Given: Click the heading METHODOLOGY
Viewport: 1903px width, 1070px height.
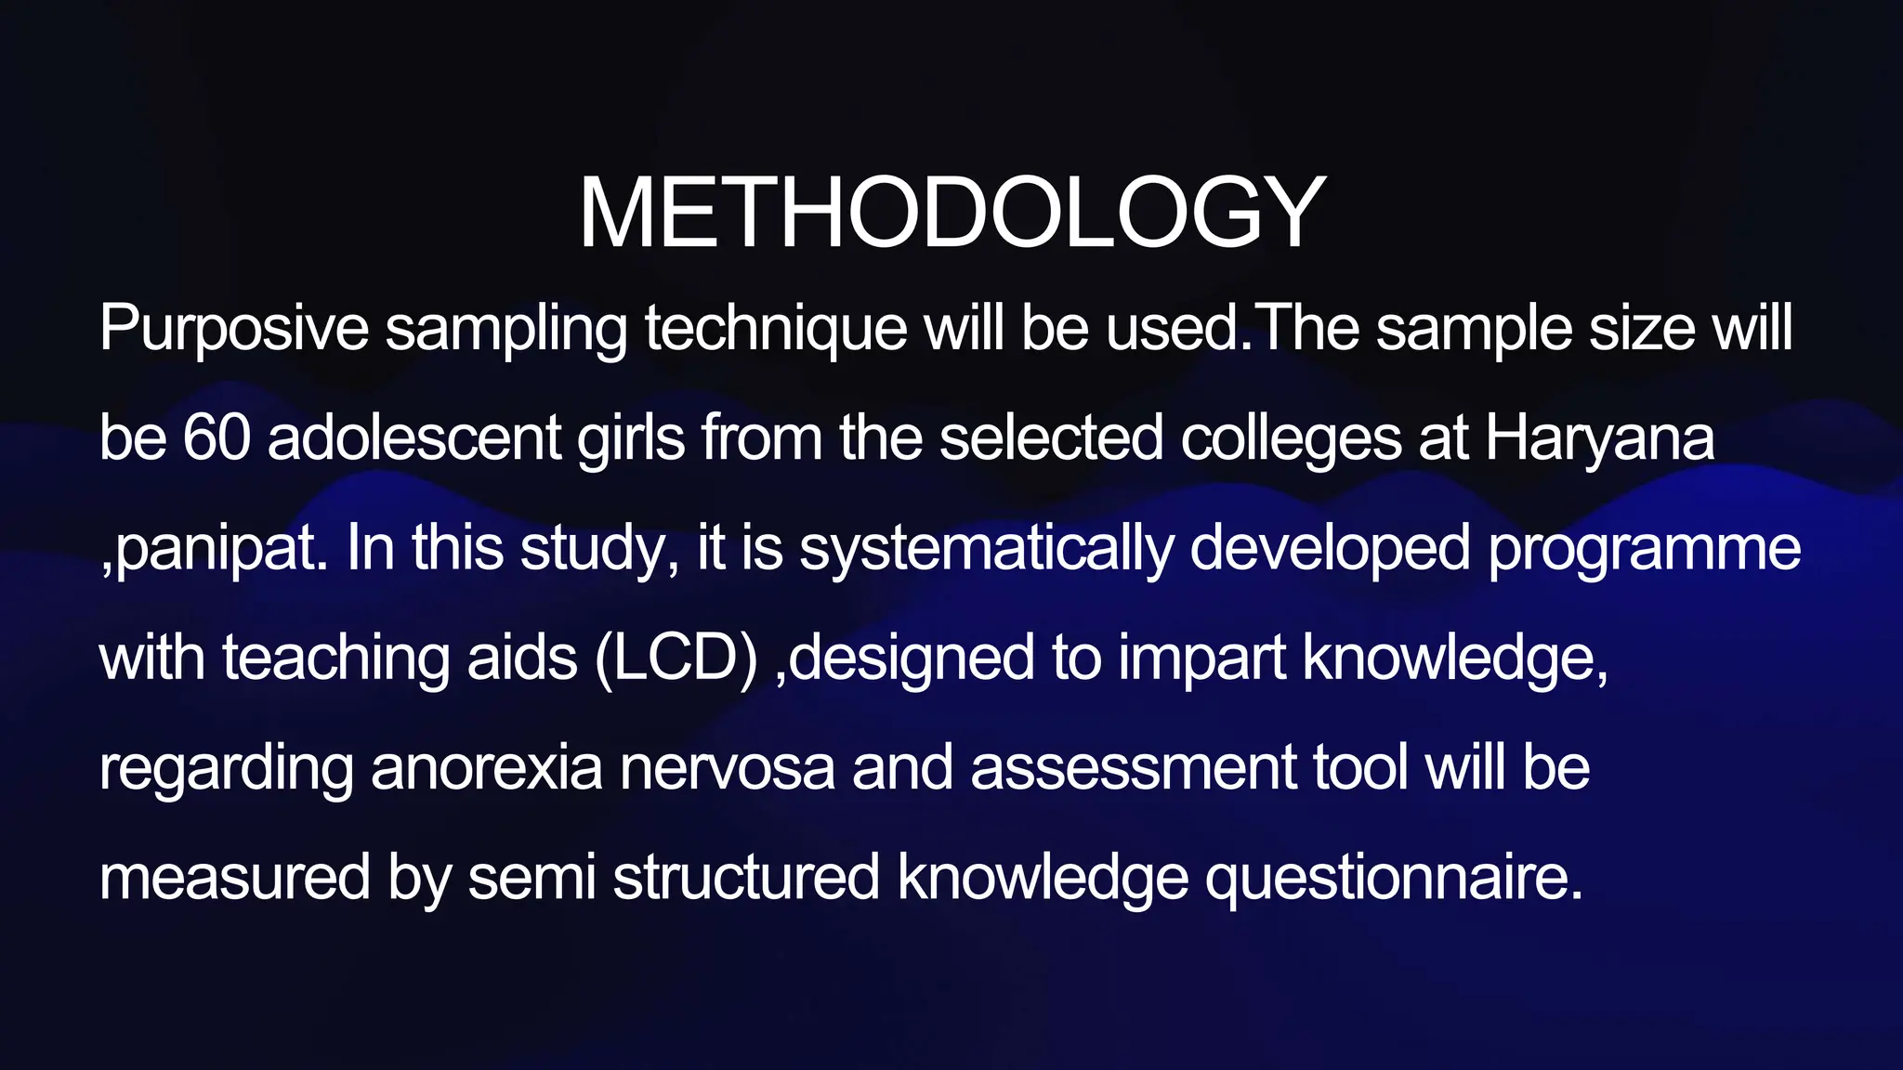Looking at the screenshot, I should pyautogui.click(x=951, y=214).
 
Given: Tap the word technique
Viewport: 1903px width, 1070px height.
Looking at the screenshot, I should pyautogui.click(x=776, y=329).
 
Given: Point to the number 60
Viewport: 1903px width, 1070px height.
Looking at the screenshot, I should pyautogui.click(x=217, y=437).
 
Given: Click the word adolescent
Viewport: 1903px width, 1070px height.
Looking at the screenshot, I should pyautogui.click(x=414, y=437).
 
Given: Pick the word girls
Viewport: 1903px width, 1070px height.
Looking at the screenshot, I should pyautogui.click(x=631, y=437).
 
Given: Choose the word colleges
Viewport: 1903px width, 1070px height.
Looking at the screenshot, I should pyautogui.click(x=1291, y=437).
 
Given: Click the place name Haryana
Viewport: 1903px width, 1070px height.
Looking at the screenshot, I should pyautogui.click(x=1599, y=437).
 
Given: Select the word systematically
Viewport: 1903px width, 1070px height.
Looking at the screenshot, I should pyautogui.click(x=986, y=548).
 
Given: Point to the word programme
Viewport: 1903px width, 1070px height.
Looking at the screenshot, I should pyautogui.click(x=1645, y=548).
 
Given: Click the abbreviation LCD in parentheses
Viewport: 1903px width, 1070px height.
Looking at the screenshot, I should pyautogui.click(x=676, y=659).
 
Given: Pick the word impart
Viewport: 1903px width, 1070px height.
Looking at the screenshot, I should pyautogui.click(x=1201, y=659).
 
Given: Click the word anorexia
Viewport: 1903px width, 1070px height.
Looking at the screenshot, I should pyautogui.click(x=487, y=768).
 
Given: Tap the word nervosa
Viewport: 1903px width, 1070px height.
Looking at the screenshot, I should pyautogui.click(x=728, y=768).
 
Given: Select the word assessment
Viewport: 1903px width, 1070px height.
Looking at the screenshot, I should pyautogui.click(x=1134, y=768).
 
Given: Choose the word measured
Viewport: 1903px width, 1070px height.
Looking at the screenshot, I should pyautogui.click(x=234, y=878).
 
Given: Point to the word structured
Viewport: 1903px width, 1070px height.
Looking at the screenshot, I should pyautogui.click(x=746, y=878).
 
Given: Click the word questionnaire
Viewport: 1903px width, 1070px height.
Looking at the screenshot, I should pyautogui.click(x=1393, y=878).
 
